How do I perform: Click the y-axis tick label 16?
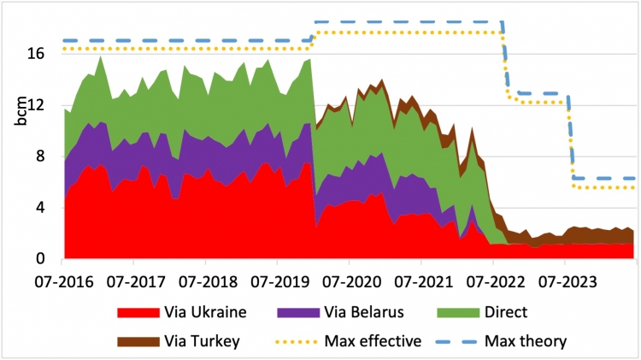pyautogui.click(x=45, y=53)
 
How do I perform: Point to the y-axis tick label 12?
pyautogui.click(x=45, y=105)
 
